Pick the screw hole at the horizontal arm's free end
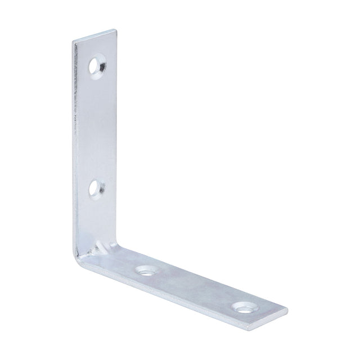(242, 307)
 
